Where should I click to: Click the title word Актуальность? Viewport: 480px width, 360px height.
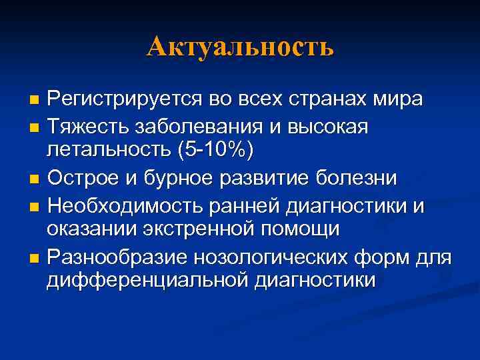240,47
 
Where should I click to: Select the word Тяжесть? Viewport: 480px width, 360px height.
84,125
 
